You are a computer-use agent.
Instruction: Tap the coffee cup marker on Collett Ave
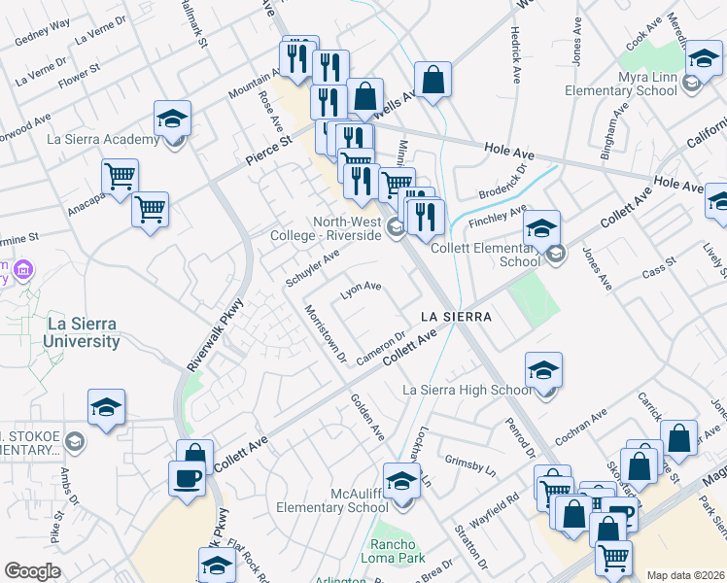pos(187,477)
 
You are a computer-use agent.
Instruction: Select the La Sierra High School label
pos(467,391)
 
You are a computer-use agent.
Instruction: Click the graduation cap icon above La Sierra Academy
pos(172,119)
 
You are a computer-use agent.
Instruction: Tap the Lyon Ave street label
pos(361,290)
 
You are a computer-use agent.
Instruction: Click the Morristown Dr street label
pos(326,333)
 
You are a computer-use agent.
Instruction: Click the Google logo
pos(32,571)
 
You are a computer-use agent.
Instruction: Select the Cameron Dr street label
pos(380,349)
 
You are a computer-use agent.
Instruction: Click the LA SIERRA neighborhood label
pos(455,317)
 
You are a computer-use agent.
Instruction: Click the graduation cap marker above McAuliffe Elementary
pos(399,480)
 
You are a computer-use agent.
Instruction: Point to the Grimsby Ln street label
pos(469,462)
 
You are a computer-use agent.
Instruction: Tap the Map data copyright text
pos(684,575)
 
